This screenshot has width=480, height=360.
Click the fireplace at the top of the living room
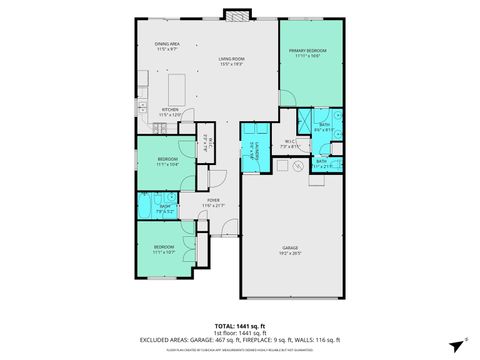coord(236,16)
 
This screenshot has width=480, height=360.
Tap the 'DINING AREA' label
coord(167,44)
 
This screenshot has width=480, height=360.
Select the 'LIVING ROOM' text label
coord(233,59)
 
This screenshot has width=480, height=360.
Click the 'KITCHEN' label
coord(171,110)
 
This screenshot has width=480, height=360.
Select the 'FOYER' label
coord(214,200)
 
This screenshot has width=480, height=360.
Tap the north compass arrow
coord(455,340)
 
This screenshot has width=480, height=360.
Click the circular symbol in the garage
coord(295,170)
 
